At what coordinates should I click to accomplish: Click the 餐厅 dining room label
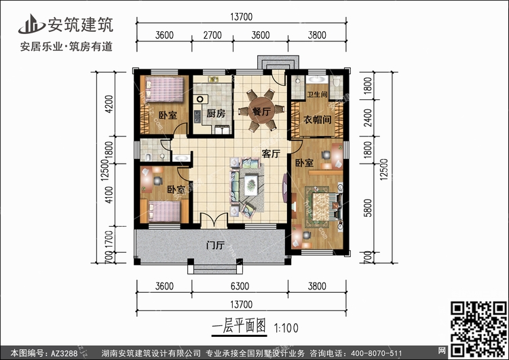coord(261,111)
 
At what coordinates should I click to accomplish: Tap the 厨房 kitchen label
coord(216,113)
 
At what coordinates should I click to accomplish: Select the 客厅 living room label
coord(271,154)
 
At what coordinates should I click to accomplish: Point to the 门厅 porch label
coord(215,245)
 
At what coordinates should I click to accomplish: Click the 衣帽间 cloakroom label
coord(317,120)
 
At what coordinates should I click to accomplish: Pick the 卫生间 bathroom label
coord(317,94)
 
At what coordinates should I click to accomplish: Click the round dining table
coord(261,111)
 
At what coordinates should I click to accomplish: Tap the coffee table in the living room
coord(251,184)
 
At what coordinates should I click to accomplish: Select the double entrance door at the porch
coord(214,220)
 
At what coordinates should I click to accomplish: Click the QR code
coord(479,329)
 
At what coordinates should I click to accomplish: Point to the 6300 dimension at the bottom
coord(240,286)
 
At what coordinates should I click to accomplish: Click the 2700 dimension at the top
coord(212,35)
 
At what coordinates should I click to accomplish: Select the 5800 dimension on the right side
coord(368,208)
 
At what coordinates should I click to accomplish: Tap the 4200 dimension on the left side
coord(109,104)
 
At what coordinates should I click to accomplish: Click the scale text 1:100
coord(286,328)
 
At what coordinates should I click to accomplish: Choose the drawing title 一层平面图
coord(240,326)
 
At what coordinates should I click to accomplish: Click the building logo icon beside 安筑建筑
coord(31,24)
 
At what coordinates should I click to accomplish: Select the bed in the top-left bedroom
coord(165,90)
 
